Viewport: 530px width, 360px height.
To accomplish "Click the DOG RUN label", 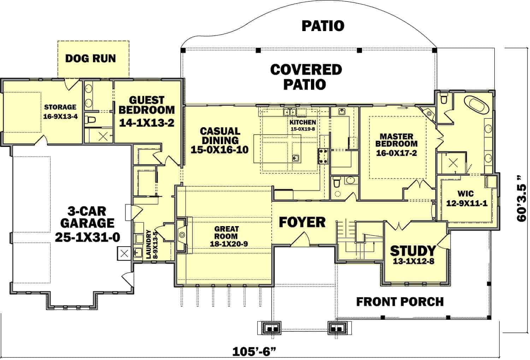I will (90, 58).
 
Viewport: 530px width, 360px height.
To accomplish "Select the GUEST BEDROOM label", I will (146, 105).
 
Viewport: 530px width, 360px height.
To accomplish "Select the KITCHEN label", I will (303, 122).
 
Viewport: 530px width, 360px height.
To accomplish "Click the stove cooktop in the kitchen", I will (324, 156).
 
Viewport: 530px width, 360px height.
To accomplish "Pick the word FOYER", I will (302, 222).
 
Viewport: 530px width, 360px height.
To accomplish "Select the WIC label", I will (465, 194).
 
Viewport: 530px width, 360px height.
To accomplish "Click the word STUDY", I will (413, 250).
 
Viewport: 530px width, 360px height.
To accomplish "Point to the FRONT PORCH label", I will (400, 302).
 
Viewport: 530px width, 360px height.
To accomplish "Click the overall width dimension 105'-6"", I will (254, 352).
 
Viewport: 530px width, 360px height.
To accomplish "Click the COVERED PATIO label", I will (306, 77).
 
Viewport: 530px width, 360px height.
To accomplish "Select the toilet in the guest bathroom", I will (91, 120).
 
